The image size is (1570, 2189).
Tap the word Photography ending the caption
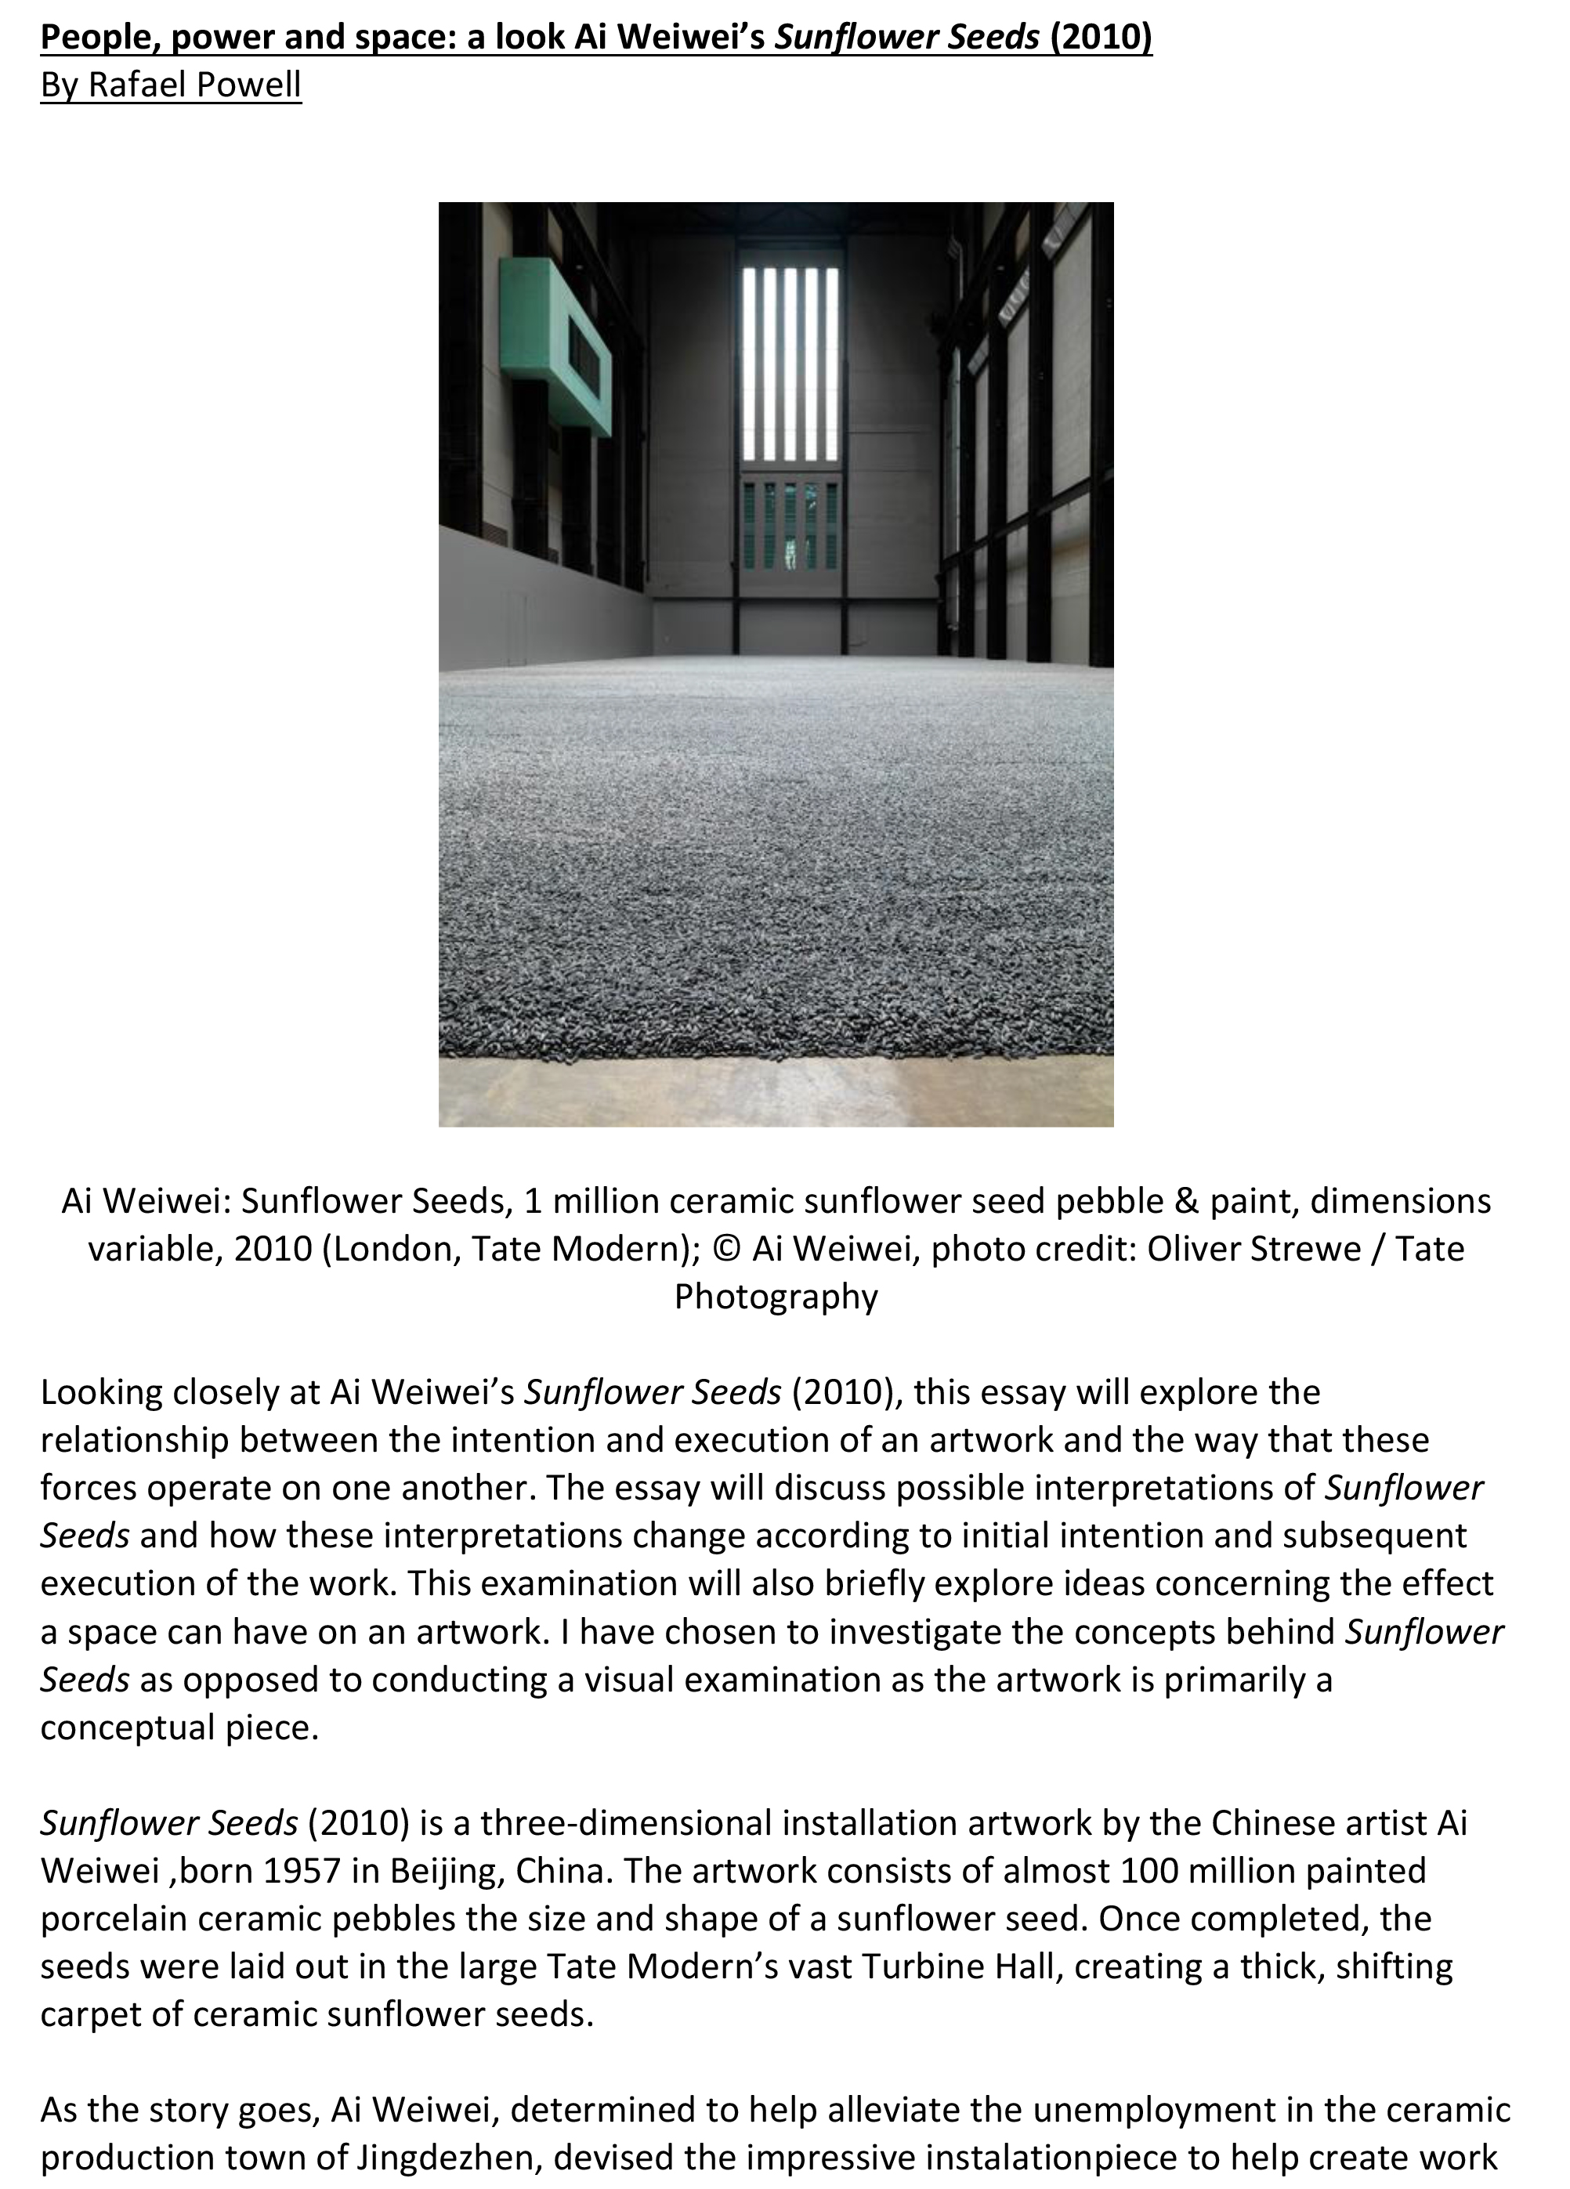pos(776,1296)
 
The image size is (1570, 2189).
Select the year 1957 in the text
pos(302,1870)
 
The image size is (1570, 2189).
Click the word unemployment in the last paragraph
pos(1174,2109)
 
